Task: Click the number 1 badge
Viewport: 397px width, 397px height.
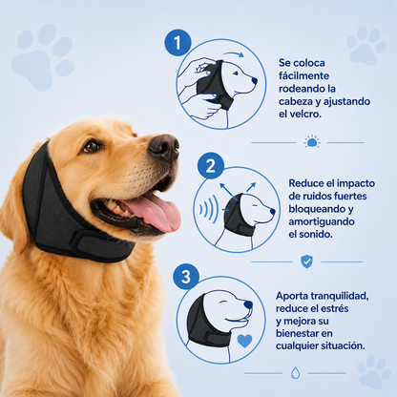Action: coord(178,43)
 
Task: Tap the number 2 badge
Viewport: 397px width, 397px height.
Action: coord(211,165)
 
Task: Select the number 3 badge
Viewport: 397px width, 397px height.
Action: coord(186,277)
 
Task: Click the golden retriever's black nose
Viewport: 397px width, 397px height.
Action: coord(164,147)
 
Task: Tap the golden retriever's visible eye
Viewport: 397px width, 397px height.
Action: coord(92,146)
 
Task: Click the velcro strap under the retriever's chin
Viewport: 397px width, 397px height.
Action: coord(103,246)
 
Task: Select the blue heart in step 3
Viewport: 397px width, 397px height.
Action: coord(244,341)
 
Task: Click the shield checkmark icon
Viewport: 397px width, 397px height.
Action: coord(306,261)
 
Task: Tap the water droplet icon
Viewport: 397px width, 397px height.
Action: coord(295,372)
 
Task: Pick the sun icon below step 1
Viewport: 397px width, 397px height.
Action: coord(312,141)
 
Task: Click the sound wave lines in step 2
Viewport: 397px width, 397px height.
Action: coord(209,209)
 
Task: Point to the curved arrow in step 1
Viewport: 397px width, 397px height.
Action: coord(234,53)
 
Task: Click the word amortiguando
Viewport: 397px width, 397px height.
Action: coord(322,221)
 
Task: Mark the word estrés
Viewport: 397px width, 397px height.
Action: coord(334,308)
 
